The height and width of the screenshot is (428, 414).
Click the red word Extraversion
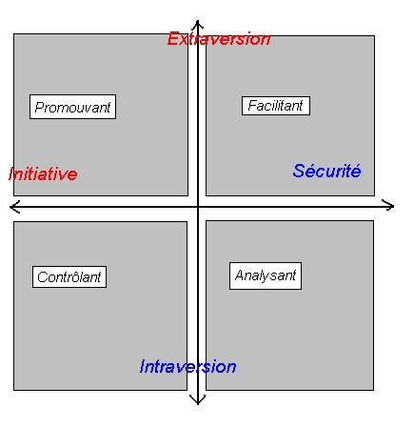pos(219,39)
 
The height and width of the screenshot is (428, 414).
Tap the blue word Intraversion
pos(187,366)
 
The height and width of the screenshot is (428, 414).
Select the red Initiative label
pos(43,173)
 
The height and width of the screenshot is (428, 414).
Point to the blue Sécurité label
pos(326,171)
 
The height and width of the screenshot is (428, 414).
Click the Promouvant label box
pos(72,107)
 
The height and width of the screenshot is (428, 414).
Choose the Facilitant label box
pos(276,106)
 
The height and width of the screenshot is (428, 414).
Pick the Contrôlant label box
pos(69,277)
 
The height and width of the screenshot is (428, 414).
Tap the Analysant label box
pos(266,275)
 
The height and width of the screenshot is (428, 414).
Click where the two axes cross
pos(198,207)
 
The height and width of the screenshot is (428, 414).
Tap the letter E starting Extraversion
pos(173,39)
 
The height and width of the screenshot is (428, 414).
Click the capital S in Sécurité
pos(299,171)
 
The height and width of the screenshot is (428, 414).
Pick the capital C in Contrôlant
pos(42,277)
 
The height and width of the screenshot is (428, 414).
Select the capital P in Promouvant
pos(40,108)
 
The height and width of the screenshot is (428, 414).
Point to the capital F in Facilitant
pos(253,106)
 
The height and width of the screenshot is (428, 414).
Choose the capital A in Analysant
pos(240,275)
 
